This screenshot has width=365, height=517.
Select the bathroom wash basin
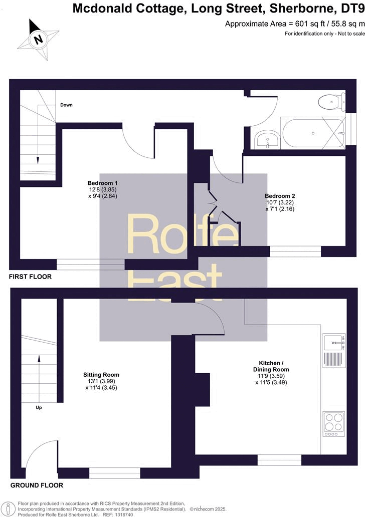pos(268,139)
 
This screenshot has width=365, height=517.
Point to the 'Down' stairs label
pos(66,105)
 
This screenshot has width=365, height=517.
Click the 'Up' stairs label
pos(39,407)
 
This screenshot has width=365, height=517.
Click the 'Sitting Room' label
pos(101,375)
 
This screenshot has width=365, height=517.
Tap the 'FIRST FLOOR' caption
pos(31,277)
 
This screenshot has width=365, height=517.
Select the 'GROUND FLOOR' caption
pos(37,485)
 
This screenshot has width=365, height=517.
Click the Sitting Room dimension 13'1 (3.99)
pos(101,381)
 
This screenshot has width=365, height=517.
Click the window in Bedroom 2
pos(295,251)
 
